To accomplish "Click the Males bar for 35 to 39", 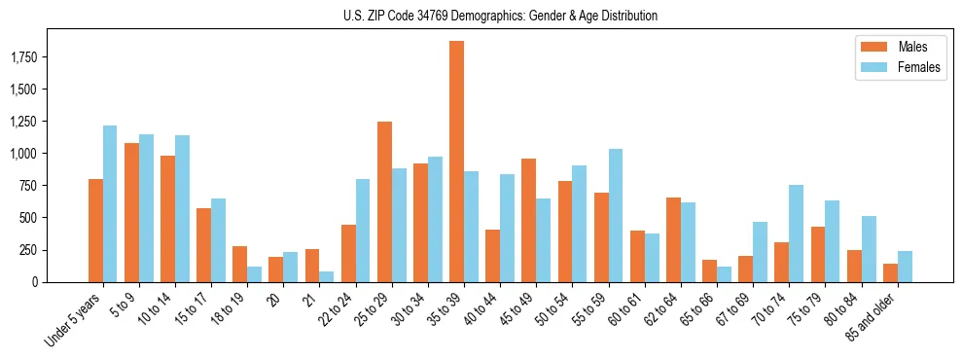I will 456,162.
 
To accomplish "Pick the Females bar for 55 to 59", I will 616,215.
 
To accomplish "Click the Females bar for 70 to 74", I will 796,234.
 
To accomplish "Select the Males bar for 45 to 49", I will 528,220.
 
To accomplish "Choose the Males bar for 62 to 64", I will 673,239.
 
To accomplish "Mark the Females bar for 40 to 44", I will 507,228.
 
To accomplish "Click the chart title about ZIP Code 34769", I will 500,16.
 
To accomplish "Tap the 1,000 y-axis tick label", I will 47,154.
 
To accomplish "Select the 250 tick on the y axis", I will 53,250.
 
